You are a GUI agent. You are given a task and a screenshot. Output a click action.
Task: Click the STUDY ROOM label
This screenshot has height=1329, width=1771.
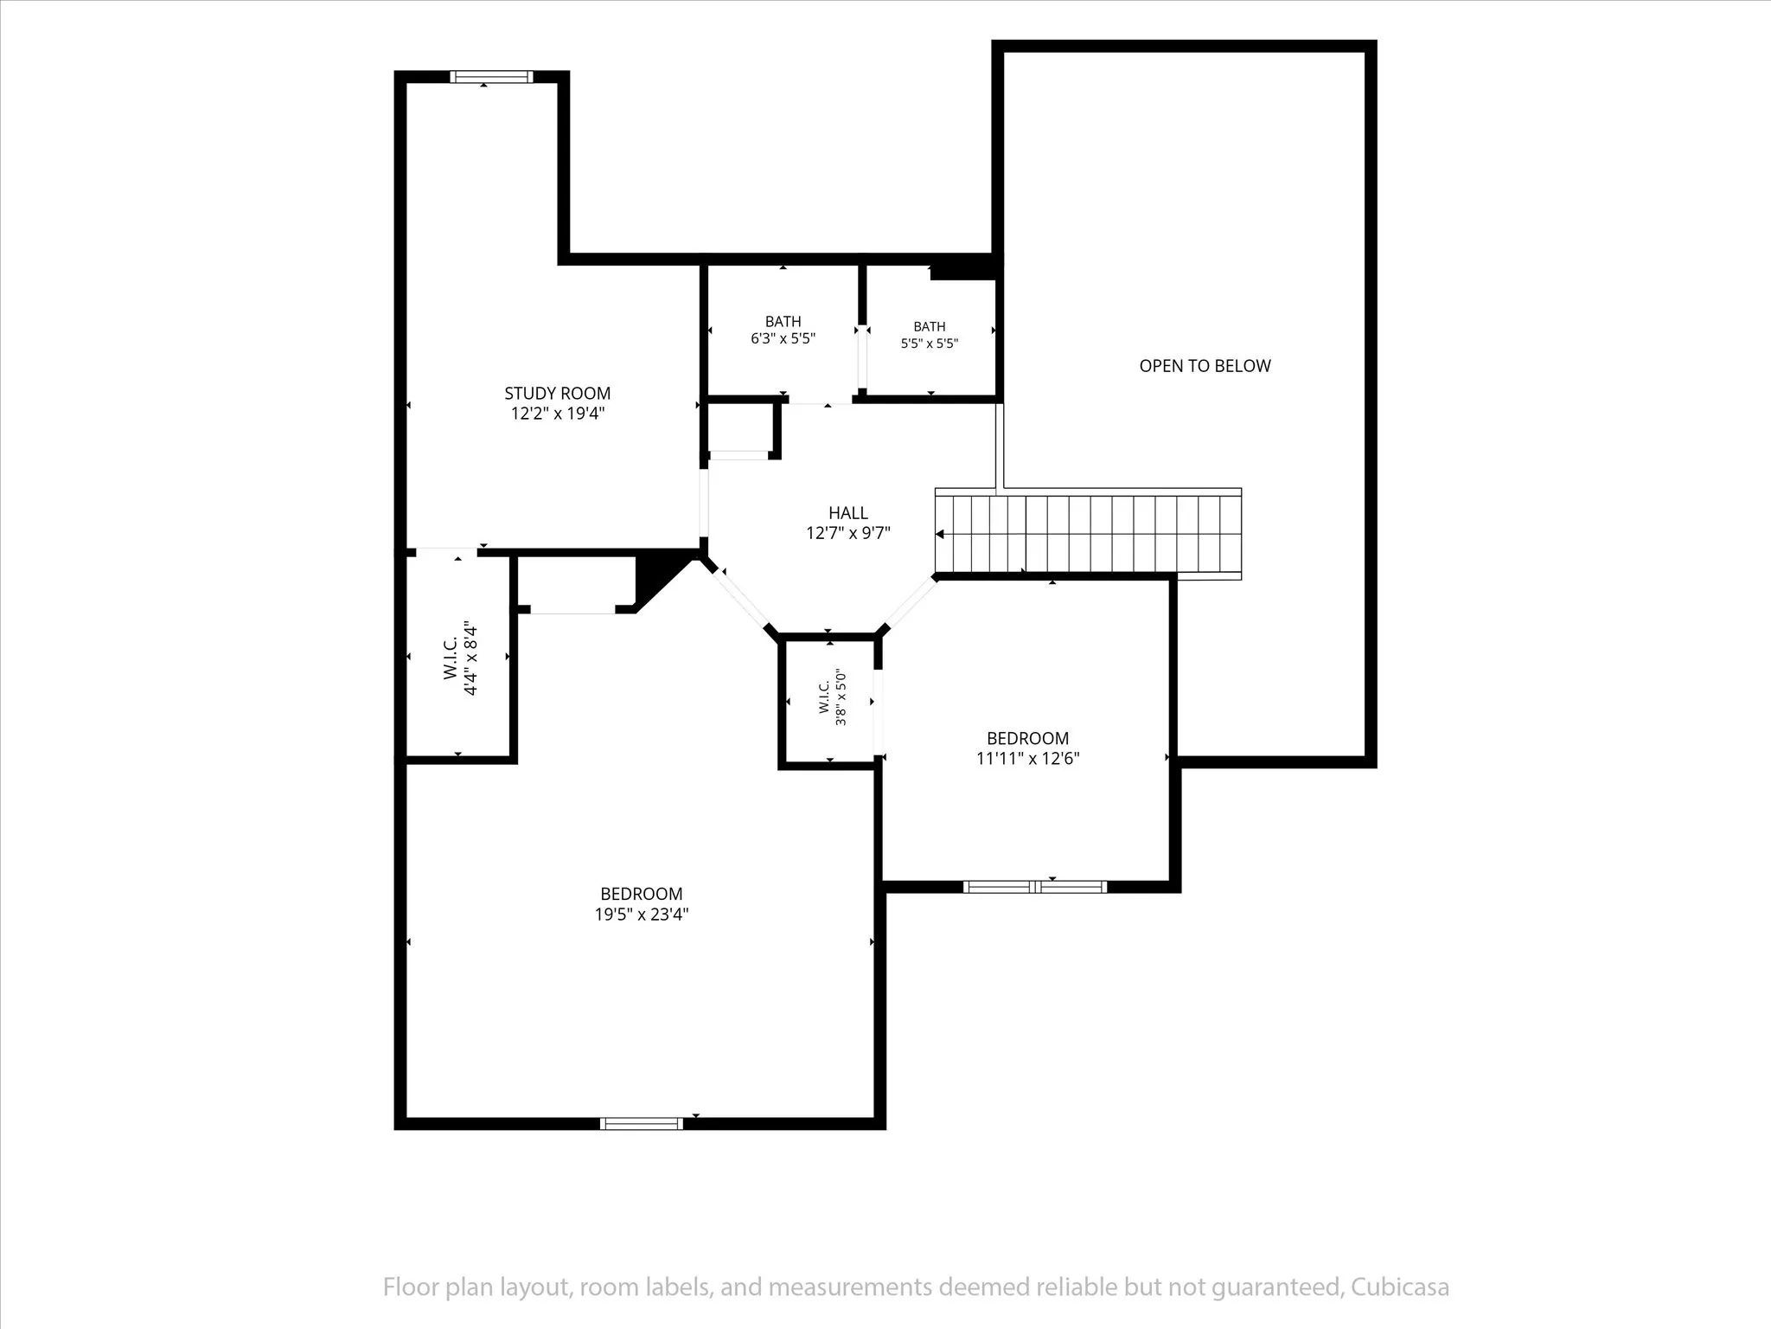point(558,394)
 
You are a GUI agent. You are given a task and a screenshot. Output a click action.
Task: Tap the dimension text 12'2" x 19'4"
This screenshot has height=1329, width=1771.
point(558,414)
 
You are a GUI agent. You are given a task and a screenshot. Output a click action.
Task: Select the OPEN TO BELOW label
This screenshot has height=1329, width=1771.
point(1205,366)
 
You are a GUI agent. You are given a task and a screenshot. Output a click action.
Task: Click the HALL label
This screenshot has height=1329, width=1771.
point(848,513)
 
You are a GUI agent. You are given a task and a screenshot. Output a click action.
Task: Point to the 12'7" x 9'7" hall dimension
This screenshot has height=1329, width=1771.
point(848,533)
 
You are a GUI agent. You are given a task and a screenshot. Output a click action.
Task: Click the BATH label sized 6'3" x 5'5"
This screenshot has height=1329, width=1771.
point(783,322)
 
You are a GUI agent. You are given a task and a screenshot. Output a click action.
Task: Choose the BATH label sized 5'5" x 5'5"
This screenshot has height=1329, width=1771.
point(930,327)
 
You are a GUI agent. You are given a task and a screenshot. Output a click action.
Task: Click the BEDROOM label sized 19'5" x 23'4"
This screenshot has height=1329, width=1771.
point(642,894)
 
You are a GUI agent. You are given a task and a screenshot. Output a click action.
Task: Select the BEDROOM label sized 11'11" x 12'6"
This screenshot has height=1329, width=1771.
point(1027,738)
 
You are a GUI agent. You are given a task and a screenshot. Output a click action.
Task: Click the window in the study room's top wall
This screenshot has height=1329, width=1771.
point(491,77)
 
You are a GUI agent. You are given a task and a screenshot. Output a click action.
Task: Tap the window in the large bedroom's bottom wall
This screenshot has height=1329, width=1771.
point(642,1123)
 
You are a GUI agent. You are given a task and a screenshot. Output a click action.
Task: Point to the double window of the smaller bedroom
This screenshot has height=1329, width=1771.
point(1035,886)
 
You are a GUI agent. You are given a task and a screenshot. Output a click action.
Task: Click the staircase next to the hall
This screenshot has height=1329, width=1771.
point(1089,534)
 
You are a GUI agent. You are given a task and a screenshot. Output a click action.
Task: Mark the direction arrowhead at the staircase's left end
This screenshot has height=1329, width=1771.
point(940,535)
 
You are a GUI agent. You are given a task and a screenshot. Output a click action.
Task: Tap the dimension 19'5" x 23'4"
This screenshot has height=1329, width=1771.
point(642,915)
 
